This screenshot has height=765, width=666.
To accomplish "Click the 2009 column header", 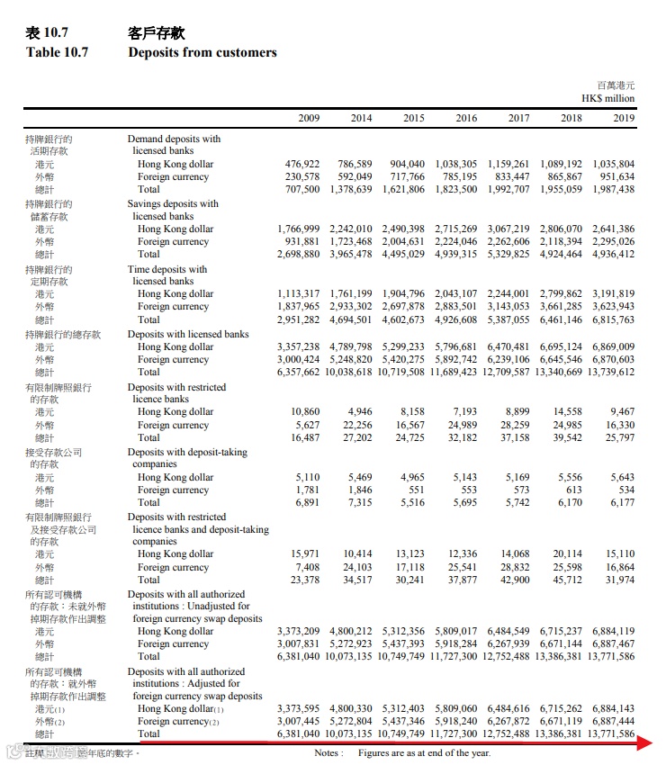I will pyautogui.click(x=308, y=118).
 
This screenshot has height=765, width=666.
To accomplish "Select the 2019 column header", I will pyautogui.click(x=623, y=118).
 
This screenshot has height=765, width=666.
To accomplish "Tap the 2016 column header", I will pyautogui.click(x=465, y=118).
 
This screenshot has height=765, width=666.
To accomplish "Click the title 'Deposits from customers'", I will pyautogui.click(x=202, y=52).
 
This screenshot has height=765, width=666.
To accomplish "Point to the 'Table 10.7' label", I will pyautogui.click(x=57, y=52).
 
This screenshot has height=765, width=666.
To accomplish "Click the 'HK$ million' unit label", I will pyautogui.click(x=607, y=98).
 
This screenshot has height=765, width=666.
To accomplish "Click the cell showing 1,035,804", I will pyautogui.click(x=613, y=165).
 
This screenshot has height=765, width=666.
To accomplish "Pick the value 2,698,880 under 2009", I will pyautogui.click(x=298, y=255).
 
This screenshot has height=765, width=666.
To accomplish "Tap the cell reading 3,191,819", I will pyautogui.click(x=613, y=294).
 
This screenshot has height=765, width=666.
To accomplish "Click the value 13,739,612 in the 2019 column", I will pyautogui.click(x=610, y=372).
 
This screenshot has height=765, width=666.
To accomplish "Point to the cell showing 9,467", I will pyautogui.click(x=621, y=412).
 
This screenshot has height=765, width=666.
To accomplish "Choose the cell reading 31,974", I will pyautogui.click(x=618, y=580).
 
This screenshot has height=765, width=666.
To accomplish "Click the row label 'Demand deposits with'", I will pyautogui.click(x=174, y=139).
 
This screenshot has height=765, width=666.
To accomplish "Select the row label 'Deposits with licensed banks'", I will pyautogui.click(x=188, y=335).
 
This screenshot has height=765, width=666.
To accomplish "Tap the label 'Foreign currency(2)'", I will pyautogui.click(x=178, y=722).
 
